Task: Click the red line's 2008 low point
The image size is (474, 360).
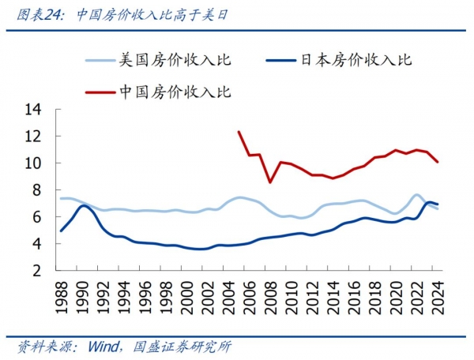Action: [270, 182]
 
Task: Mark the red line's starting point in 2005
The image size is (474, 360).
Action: [239, 132]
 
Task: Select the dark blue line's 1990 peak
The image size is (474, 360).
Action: [83, 205]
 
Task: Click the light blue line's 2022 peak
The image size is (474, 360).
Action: [417, 194]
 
